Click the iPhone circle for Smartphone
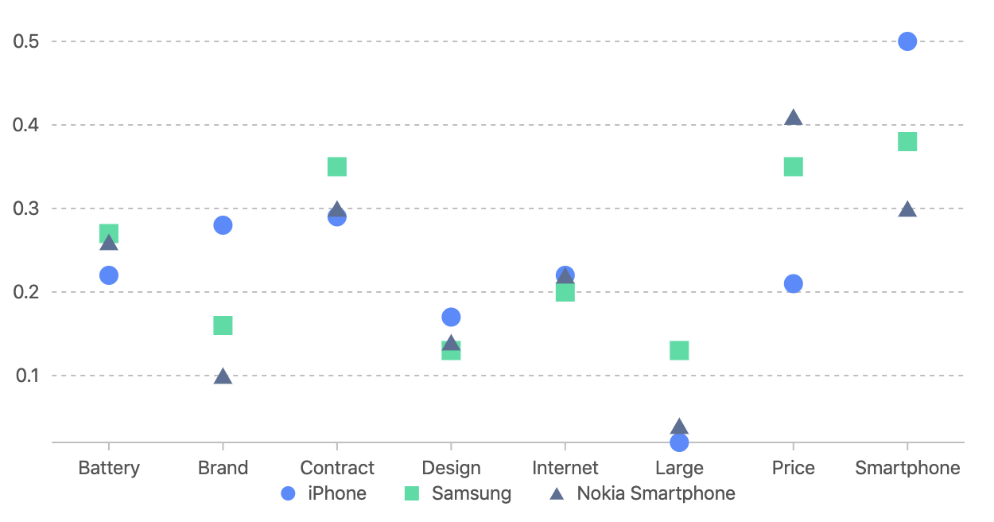(x=907, y=41)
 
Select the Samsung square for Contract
(x=337, y=166)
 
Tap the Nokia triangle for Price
(x=794, y=118)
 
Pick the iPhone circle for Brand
(x=223, y=225)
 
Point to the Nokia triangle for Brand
(x=223, y=376)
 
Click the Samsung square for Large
(x=679, y=351)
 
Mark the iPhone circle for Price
(x=794, y=284)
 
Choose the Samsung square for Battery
(x=109, y=233)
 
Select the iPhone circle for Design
(x=451, y=317)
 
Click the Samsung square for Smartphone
(x=907, y=142)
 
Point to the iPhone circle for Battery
(x=109, y=275)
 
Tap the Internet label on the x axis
(x=565, y=468)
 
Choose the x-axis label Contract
(x=337, y=468)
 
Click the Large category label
(x=679, y=468)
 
